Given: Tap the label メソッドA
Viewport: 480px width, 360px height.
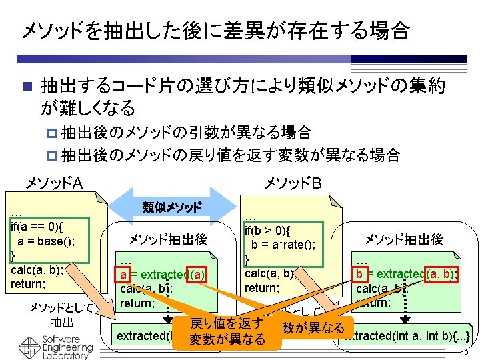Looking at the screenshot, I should point(53,182).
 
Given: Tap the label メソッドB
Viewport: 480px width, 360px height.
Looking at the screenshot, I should point(293,182).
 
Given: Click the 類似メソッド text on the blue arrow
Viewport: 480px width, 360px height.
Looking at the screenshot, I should point(172,207).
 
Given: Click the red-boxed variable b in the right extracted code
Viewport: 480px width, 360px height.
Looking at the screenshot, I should point(361,274).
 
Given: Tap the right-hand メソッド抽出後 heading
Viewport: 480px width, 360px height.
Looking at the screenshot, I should point(403,240).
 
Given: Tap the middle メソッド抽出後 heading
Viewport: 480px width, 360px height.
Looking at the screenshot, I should point(167,240).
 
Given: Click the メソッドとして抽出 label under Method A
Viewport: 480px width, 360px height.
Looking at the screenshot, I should point(56,315).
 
